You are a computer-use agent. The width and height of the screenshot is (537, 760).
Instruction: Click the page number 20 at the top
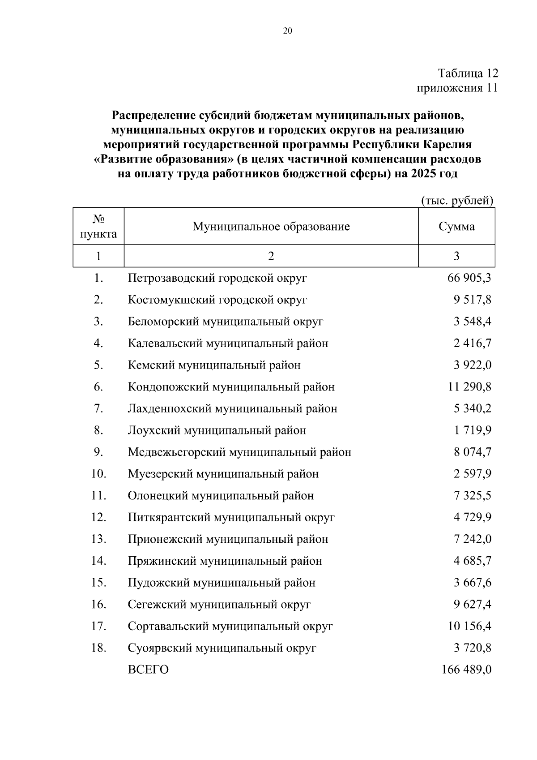click(x=287, y=31)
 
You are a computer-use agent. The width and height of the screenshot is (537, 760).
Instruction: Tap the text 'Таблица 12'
click(x=468, y=73)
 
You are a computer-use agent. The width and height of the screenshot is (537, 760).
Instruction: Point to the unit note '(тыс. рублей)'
click(x=457, y=201)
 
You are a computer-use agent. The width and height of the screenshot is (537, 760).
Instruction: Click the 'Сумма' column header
click(x=456, y=227)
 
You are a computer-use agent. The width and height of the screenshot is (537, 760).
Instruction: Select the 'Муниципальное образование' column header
click(x=271, y=227)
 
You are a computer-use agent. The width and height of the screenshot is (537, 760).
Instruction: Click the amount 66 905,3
click(x=469, y=278)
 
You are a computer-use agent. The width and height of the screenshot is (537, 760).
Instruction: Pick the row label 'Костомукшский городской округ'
click(x=217, y=300)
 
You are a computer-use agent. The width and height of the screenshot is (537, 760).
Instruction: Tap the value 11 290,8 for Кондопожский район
click(x=469, y=387)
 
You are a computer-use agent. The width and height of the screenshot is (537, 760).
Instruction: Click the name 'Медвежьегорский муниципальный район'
click(x=239, y=452)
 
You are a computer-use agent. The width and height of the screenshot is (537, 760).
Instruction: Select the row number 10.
click(x=98, y=474)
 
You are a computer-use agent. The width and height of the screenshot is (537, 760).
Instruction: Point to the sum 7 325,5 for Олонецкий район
click(x=472, y=496)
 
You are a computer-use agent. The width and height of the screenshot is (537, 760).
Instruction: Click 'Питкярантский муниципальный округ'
click(x=231, y=518)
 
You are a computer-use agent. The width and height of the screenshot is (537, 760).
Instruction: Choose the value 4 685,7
click(x=472, y=561)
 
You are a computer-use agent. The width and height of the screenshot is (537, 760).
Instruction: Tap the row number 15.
click(x=98, y=583)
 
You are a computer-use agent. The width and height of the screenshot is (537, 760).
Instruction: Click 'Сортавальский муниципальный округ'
click(x=230, y=627)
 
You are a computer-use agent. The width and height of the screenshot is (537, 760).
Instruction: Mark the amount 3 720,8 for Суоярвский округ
click(x=472, y=648)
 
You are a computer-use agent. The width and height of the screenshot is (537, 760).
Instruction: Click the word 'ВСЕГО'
click(x=148, y=670)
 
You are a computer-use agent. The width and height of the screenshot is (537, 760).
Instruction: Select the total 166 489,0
click(x=466, y=670)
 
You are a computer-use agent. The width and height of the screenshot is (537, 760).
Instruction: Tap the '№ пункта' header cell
click(x=98, y=227)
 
